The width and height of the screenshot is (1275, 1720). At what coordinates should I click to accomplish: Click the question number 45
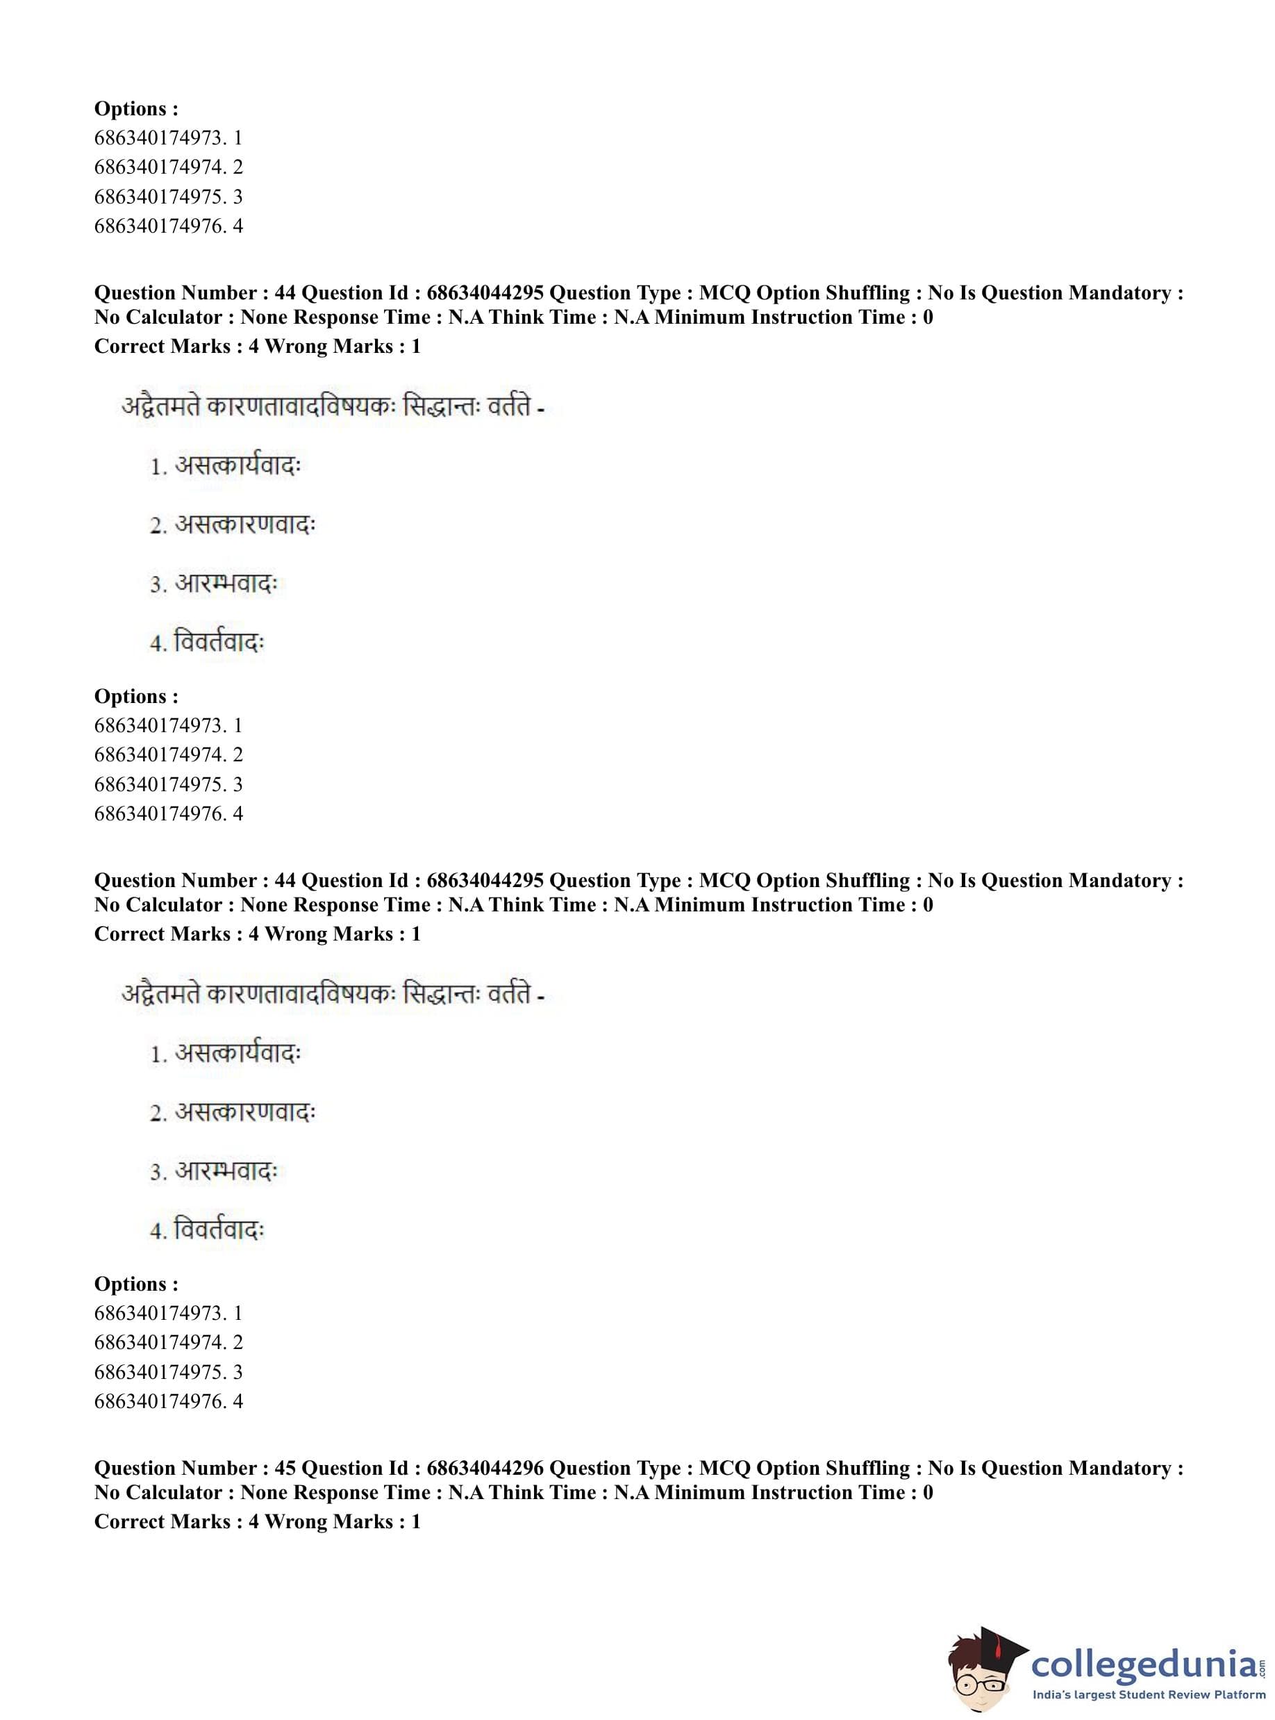pyautogui.click(x=285, y=1469)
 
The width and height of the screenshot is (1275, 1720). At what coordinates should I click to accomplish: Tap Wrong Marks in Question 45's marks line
pyautogui.click(x=328, y=1521)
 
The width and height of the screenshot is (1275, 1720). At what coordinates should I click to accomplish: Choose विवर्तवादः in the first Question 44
pyautogui.click(x=219, y=643)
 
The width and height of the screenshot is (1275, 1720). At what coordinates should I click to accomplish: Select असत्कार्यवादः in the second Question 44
pyautogui.click(x=237, y=1054)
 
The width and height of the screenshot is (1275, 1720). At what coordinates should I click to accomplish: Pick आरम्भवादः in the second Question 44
pyautogui.click(x=226, y=1171)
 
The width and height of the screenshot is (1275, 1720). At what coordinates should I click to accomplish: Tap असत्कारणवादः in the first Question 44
pyautogui.click(x=244, y=525)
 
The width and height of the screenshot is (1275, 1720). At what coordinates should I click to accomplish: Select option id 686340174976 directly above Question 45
pyautogui.click(x=159, y=1401)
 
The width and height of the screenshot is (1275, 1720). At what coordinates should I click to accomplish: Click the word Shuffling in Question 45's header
pyautogui.click(x=868, y=1469)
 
